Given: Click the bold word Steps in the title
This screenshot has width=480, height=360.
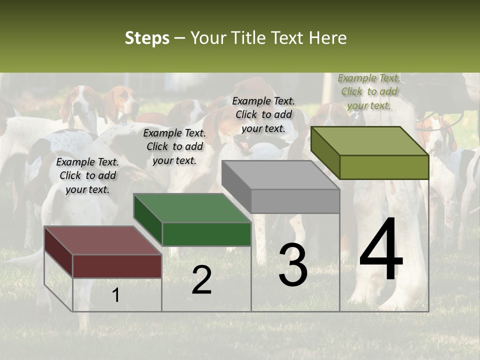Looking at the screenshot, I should [147, 38].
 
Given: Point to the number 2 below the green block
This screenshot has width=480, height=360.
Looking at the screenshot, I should [201, 279].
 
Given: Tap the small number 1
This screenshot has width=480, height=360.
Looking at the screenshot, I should [116, 295].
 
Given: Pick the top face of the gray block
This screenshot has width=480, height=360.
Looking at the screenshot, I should [280, 175].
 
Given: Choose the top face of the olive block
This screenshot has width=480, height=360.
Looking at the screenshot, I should [369, 141].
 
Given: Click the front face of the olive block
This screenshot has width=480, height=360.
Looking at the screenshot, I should [384, 167].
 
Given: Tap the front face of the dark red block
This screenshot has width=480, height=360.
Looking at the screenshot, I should [117, 265].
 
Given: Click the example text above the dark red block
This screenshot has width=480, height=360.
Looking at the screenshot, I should [87, 175].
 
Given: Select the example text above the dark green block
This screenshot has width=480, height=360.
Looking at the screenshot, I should [174, 146].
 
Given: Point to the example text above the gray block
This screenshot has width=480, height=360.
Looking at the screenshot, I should [263, 114].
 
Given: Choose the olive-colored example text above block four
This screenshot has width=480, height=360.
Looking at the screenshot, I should [369, 91].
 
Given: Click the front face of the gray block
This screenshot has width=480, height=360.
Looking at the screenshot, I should [295, 201].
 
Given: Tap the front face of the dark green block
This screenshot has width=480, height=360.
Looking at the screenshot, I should [206, 234].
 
